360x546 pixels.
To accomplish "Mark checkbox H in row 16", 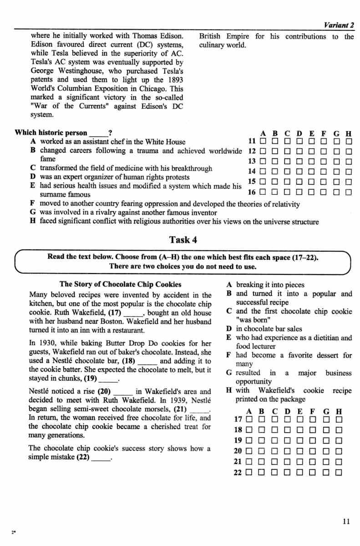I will [x=349, y=192].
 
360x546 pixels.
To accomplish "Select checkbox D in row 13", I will [x=299, y=162].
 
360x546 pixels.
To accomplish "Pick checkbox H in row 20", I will [x=338, y=452].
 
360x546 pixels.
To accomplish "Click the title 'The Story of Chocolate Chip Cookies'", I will [x=120, y=284].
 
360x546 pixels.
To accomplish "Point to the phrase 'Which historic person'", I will [x=51, y=133].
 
